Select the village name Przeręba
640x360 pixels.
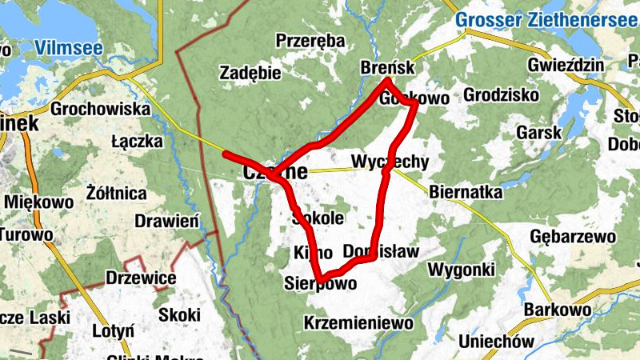(310, 41)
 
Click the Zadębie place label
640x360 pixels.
(250, 74)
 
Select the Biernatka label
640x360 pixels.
(466, 192)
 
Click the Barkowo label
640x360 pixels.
(558, 310)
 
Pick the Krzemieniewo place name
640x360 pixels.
(358, 323)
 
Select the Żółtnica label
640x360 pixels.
(116, 194)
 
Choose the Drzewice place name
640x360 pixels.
(141, 278)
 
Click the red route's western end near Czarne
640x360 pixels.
(225, 153)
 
